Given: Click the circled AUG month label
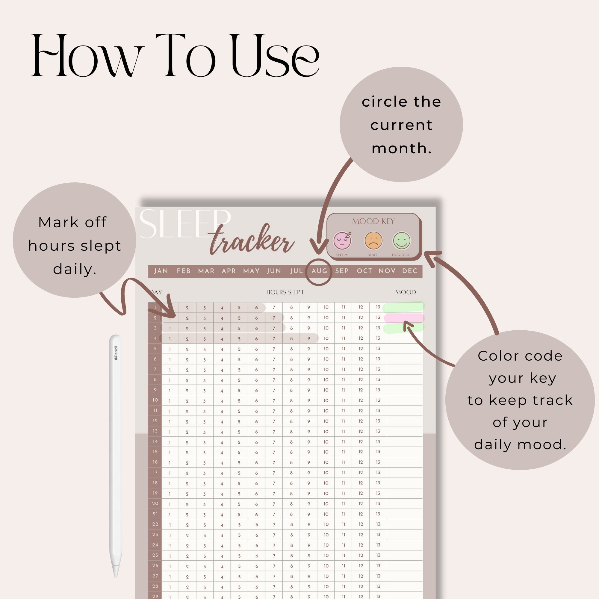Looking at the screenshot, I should [x=319, y=271].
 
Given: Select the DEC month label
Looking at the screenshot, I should [x=409, y=271].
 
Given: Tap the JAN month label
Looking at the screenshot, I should [x=161, y=271].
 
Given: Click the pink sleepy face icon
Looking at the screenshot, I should [x=342, y=240].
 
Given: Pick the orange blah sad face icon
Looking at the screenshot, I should [x=373, y=240].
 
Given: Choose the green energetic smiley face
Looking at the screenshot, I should [x=402, y=240].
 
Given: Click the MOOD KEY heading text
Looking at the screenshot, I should [x=373, y=221].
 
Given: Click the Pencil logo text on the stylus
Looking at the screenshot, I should [x=116, y=353].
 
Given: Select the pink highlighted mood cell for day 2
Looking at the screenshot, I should [x=404, y=318].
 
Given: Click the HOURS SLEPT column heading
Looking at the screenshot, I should [x=285, y=292].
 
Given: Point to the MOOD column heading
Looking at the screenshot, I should [x=406, y=292].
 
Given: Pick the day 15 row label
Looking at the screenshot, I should [x=155, y=452].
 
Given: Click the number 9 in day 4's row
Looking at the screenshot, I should [x=308, y=338].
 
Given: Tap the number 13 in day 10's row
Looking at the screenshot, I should [x=378, y=400].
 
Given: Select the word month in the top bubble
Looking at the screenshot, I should [x=402, y=148].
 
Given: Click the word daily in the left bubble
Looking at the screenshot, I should [x=74, y=269].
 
